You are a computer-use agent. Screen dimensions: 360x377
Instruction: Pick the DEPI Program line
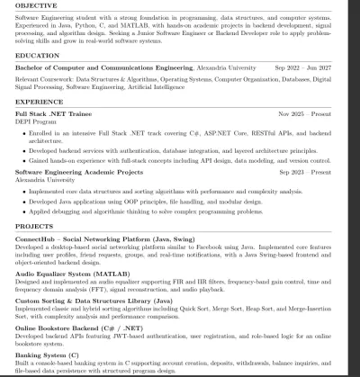(34, 122)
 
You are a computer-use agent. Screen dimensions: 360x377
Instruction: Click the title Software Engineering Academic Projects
(79, 171)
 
